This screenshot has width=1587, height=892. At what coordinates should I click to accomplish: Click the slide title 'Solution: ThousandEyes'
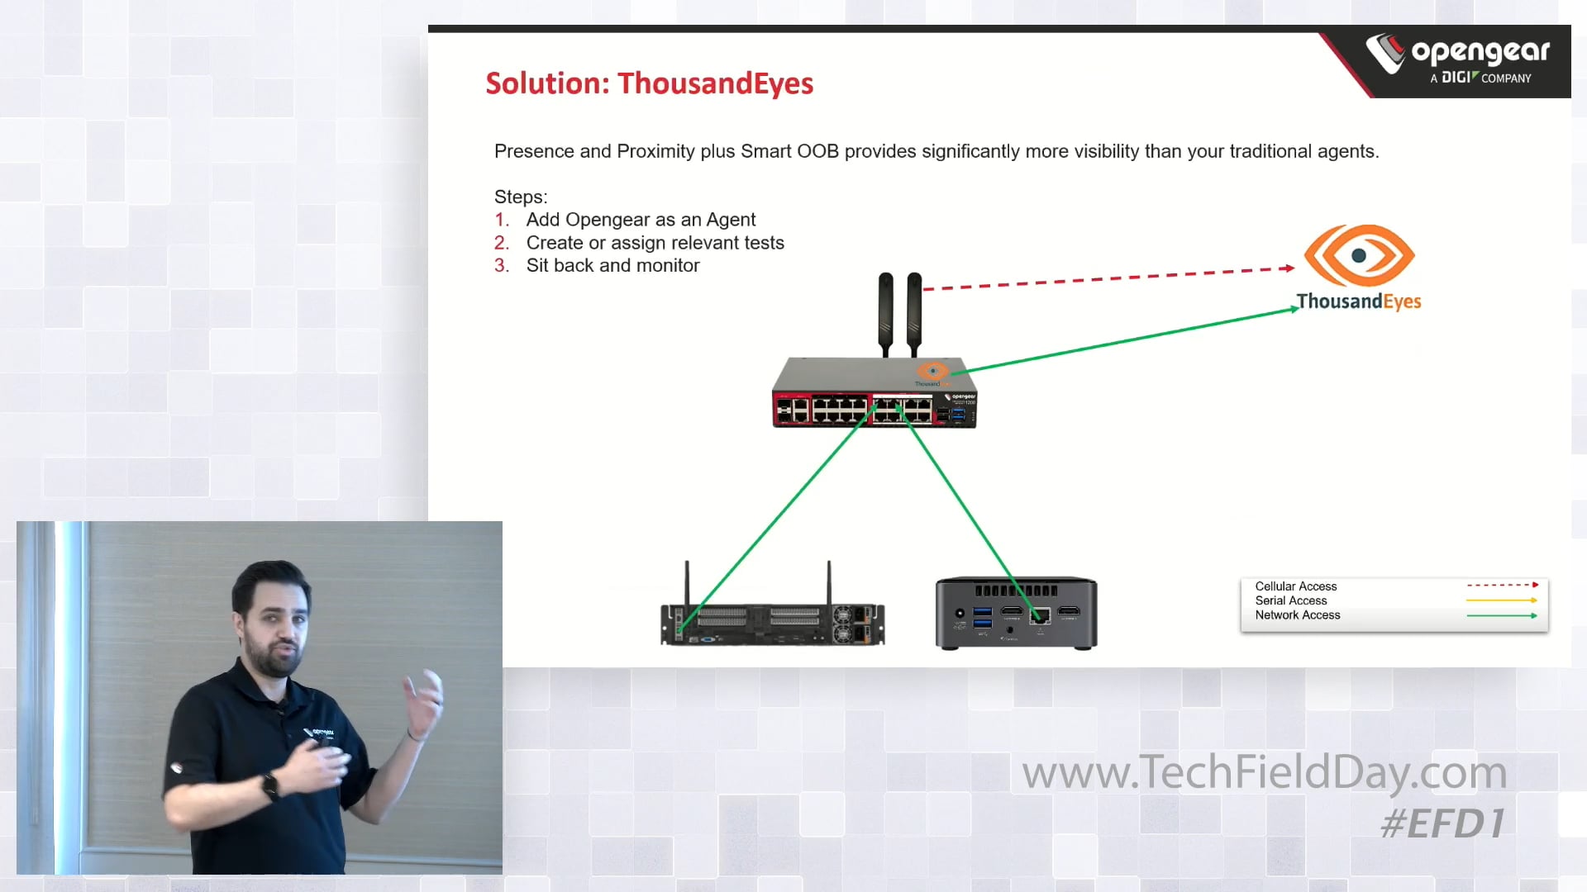point(649,83)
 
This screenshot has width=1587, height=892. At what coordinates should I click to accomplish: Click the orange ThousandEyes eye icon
point(1359,256)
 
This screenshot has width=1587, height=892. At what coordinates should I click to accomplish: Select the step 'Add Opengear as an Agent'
point(641,220)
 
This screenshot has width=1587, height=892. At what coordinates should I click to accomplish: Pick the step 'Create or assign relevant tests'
point(655,243)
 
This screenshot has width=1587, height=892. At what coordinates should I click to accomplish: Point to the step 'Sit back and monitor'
point(612,265)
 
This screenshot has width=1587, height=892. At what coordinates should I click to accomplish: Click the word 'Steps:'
point(521,197)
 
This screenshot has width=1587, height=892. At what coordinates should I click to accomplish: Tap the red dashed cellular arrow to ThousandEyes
point(1108,278)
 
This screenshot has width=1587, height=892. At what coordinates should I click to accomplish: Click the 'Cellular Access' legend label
point(1295,586)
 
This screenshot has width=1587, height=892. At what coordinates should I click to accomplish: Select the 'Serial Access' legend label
point(1290,600)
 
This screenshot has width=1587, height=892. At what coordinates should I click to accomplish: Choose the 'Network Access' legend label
point(1297,615)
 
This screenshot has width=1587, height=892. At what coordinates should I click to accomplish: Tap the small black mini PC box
point(1016,613)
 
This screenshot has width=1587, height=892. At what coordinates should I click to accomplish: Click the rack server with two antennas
point(772,621)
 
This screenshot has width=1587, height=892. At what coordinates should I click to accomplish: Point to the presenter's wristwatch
point(270,785)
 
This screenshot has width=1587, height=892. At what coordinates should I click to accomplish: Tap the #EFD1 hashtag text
point(1442,823)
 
